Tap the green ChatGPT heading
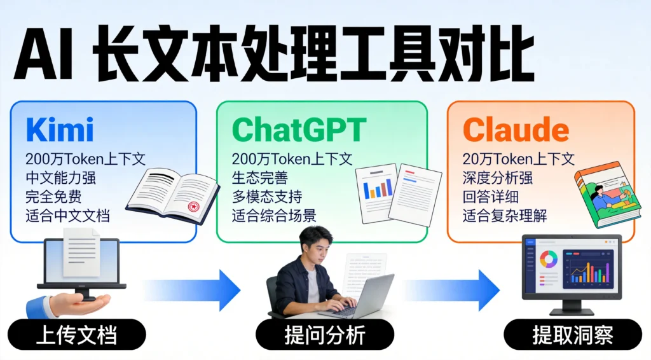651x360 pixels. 299,130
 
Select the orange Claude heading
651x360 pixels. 516,130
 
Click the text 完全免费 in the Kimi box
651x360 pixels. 53,197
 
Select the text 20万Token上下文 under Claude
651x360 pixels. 519,159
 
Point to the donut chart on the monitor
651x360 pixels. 548,259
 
